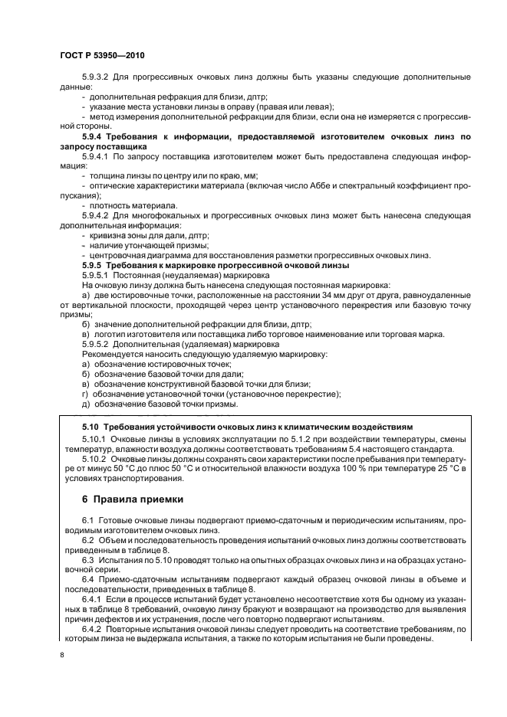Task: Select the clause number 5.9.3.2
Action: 97,79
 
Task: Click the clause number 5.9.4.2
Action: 97,216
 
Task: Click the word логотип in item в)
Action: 111,334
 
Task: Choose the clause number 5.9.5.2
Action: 97,344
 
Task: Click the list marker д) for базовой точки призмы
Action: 86,404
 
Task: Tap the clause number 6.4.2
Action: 93,628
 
